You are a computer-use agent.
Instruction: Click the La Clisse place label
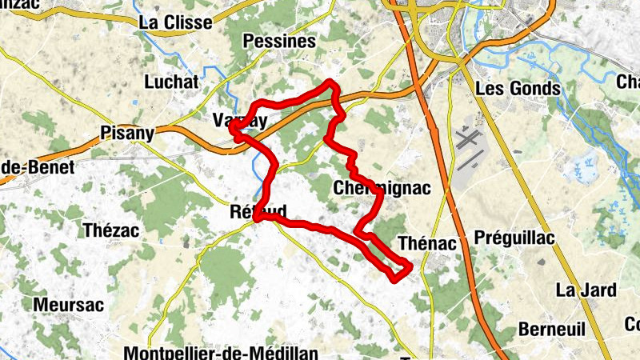(175, 22)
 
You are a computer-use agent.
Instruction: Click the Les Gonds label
(517, 88)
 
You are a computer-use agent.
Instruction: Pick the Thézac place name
(111, 230)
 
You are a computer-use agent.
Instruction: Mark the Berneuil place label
(552, 329)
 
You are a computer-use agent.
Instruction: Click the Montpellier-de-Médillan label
(222, 353)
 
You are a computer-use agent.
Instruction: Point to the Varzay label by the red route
(240, 120)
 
